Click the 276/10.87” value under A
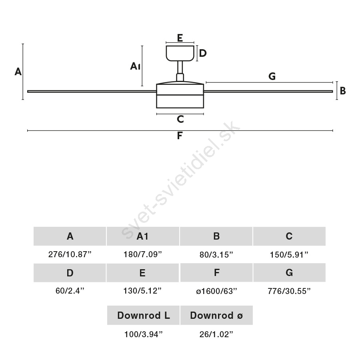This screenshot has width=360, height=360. pos(70,254)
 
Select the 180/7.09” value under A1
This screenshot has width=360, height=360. pos(143,254)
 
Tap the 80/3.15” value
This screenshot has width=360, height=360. pos(216,255)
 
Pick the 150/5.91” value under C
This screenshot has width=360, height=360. pos(289,255)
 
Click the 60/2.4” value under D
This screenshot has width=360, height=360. pos(70,291)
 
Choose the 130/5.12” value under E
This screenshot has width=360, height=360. pos(142,291)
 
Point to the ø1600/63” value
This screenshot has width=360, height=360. pos(216,291)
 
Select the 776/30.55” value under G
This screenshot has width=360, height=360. pos(289,291)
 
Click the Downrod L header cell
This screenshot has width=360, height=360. pos(143,315)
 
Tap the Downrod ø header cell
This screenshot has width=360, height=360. pos(216,315)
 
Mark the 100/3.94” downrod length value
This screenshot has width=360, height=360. pos(144,334)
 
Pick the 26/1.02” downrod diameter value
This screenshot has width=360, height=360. pos(216,334)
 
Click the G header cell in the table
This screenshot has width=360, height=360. pos(290,273)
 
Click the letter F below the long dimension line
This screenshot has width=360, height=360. pos(180,136)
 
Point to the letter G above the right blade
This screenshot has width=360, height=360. pos(272,76)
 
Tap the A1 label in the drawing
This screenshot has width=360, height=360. pos(135,66)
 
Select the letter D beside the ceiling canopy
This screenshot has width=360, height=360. pos(203,53)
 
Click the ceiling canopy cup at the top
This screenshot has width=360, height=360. pos(180,53)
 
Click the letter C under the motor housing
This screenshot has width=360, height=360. pos(180,119)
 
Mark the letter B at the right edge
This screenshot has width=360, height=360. pos(343,91)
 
